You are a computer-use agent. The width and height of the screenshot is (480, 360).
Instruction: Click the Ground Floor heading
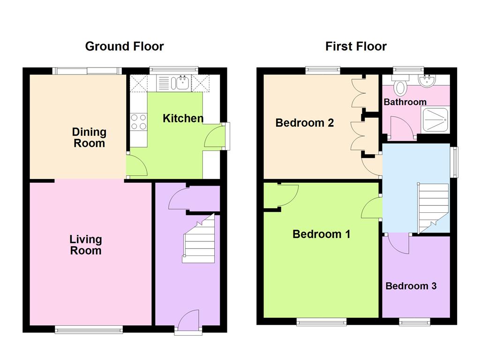coord(124,46)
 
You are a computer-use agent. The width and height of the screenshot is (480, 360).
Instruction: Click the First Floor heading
coord(356,46)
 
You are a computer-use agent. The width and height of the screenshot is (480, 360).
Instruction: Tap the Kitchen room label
coord(183,119)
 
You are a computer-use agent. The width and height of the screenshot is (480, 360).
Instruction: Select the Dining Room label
coord(89,137)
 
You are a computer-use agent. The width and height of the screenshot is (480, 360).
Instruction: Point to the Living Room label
coord(85,245)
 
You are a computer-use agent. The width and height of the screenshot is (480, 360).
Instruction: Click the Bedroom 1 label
coord(321,234)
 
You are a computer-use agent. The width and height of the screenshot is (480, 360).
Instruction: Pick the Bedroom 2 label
coord(304,123)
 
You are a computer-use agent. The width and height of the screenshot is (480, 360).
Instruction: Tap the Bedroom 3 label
coord(411,286)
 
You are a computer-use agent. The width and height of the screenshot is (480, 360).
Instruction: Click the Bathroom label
coord(405,102)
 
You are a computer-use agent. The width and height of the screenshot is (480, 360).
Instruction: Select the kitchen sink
coord(180,83)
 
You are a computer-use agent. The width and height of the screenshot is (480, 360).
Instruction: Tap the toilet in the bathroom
coord(400,86)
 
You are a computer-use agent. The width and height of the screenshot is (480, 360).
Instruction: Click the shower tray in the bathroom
coord(435,119)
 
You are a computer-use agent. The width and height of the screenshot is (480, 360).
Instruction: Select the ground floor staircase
coord(199,239)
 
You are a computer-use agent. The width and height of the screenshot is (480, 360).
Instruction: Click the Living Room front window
coord(89,330)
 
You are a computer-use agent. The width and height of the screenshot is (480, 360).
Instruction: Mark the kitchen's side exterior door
coord(216,136)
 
